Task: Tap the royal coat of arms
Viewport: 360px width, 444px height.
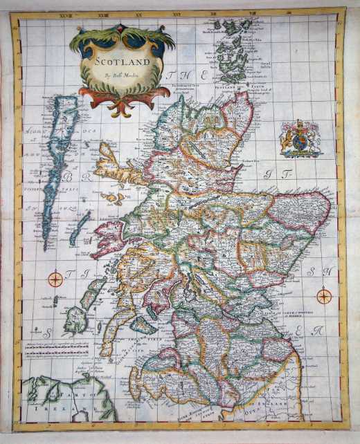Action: [300, 138]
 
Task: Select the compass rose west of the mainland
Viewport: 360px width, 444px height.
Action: [55, 279]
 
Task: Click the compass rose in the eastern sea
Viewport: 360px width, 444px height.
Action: [323, 296]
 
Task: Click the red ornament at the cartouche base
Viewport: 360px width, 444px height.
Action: [119, 104]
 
